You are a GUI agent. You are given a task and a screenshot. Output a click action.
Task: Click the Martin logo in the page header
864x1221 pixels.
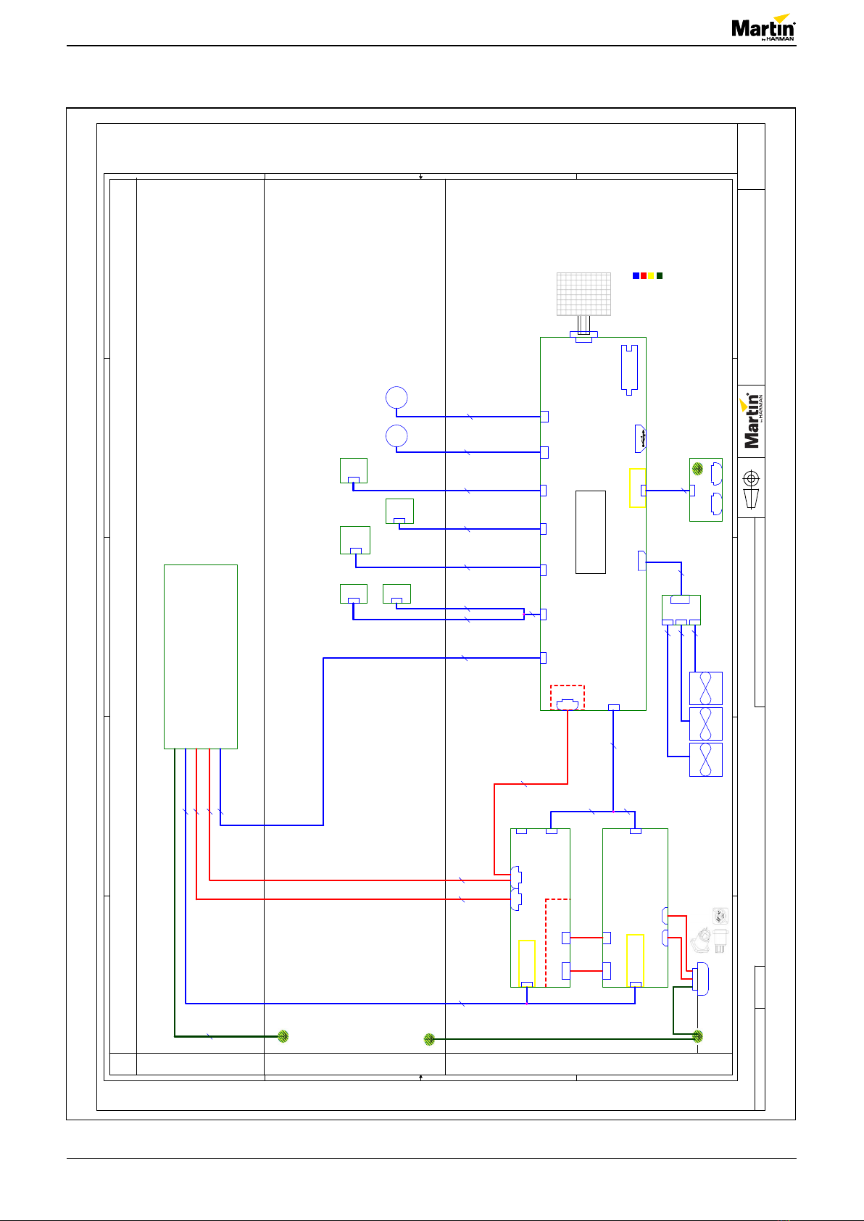pos(763,28)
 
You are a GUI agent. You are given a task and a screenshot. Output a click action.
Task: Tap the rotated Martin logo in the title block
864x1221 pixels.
pos(752,420)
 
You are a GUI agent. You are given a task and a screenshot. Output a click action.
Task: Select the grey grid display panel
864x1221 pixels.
pos(583,293)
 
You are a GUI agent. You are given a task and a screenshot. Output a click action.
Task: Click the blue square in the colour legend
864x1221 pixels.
pos(636,276)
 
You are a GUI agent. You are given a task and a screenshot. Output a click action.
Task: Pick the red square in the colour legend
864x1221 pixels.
pos(643,276)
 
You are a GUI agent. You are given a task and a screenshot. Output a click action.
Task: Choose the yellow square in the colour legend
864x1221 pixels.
pos(651,276)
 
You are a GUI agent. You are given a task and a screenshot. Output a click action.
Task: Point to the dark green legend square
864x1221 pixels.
pos(660,276)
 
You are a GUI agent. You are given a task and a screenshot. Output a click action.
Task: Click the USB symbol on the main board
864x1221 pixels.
pos(641,439)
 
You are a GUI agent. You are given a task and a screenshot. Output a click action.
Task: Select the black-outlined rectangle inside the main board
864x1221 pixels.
pos(590,532)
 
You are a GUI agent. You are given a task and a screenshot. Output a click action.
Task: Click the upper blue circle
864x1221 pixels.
pos(396,397)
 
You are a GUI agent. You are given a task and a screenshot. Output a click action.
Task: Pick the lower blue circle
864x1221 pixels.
pos(396,436)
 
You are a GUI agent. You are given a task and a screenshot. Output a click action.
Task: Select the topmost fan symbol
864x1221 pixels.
pos(705,688)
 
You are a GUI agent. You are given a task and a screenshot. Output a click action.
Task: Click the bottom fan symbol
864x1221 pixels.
pos(705,759)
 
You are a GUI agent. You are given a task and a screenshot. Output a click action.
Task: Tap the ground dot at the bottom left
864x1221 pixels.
pos(283,1036)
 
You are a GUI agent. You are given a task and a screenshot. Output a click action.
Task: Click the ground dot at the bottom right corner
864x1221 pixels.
pos(697,1036)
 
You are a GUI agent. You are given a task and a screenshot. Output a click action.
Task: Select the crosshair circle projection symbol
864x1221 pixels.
pos(751,479)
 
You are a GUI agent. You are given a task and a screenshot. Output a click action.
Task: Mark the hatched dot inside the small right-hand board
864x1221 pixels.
pos(697,468)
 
